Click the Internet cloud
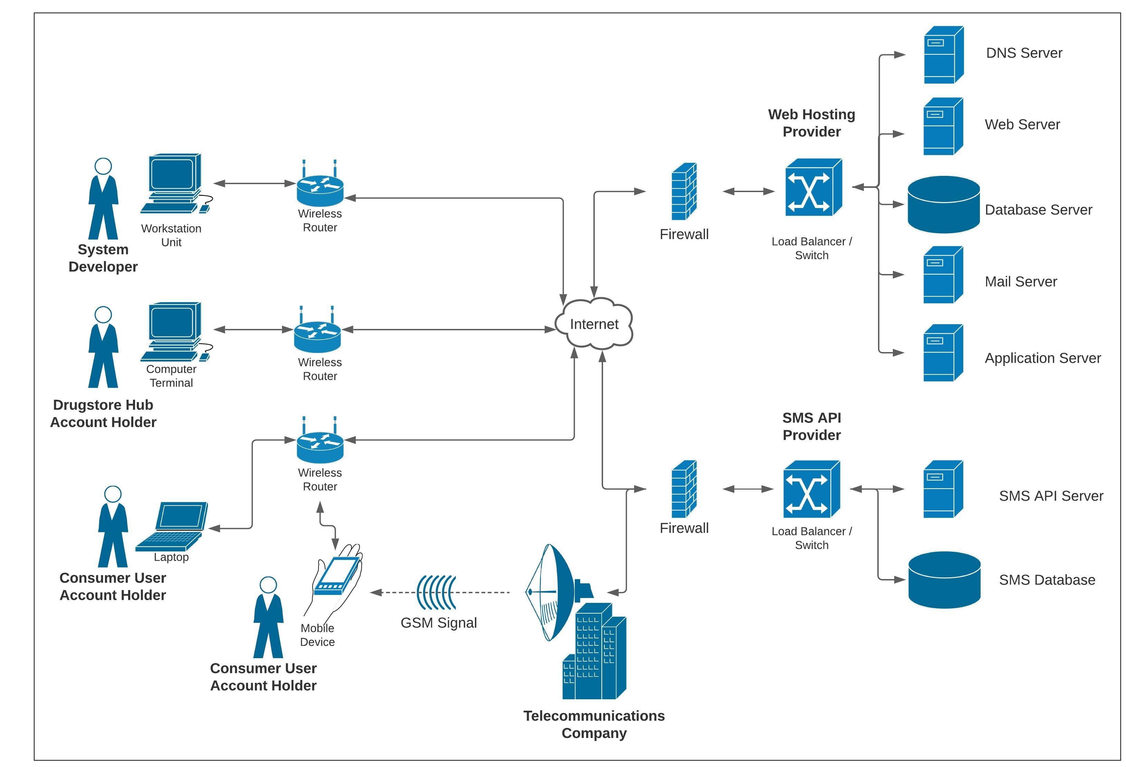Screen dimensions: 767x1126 pos(593,324)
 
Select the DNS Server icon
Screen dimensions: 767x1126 pos(943,55)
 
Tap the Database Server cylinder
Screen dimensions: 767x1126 pos(943,205)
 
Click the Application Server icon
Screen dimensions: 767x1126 pos(942,353)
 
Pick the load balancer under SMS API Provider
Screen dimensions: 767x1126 pos(811,489)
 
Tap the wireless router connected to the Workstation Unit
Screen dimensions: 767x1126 pos(320,187)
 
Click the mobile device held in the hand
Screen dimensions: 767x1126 pos(337,575)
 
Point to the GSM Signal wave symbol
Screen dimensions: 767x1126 pos(436,592)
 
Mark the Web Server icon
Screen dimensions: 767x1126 pos(942,126)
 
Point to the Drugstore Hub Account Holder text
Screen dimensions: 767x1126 pos(103,413)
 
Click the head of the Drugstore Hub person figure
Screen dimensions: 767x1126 pos(103,314)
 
